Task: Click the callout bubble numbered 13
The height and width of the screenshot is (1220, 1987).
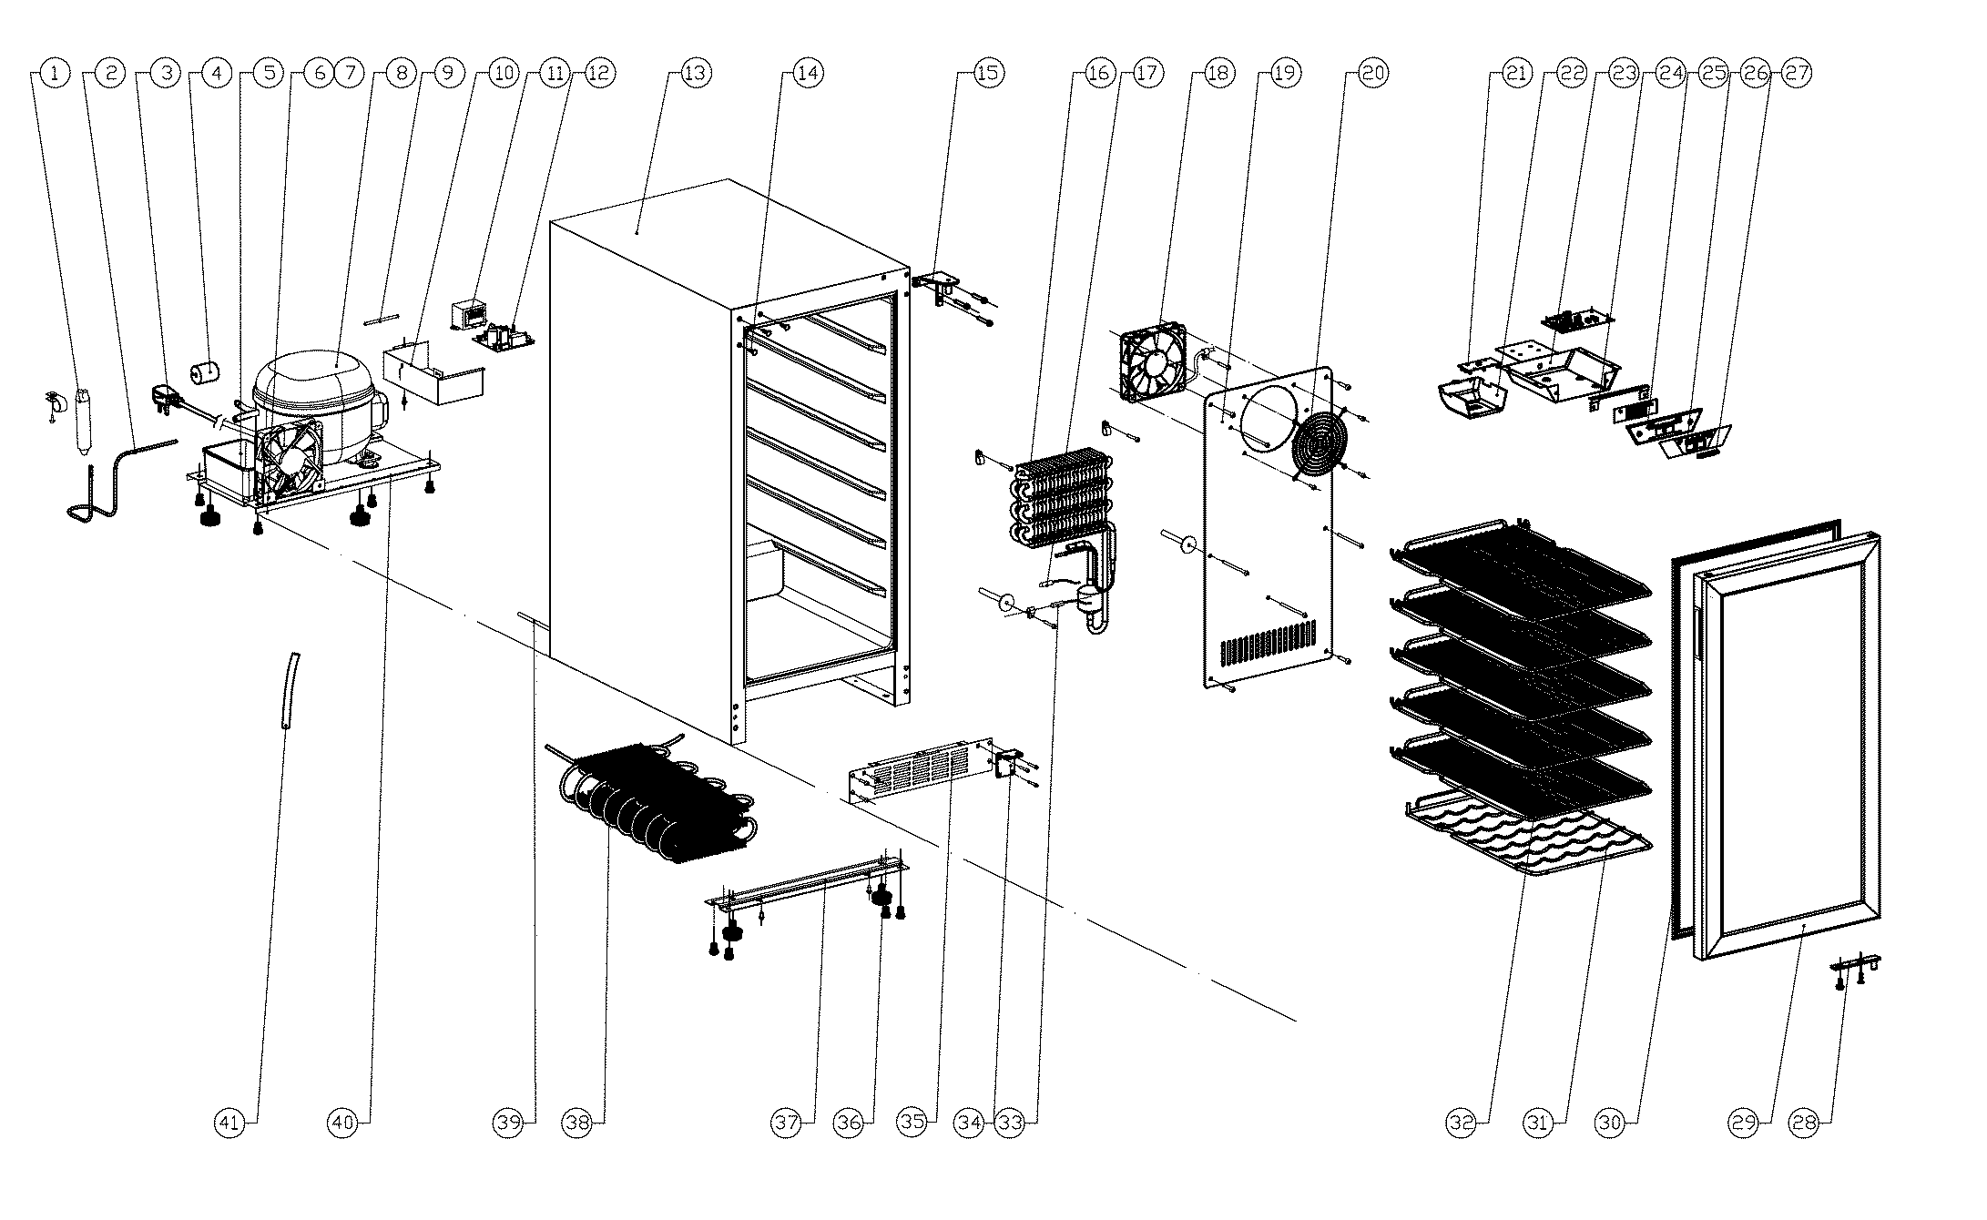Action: tap(695, 74)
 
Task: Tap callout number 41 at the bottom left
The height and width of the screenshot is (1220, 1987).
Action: tap(230, 1123)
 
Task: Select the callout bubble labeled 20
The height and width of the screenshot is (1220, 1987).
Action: tap(1373, 74)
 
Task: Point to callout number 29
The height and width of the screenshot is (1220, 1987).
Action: tap(1744, 1123)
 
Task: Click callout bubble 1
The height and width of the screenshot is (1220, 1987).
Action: tap(56, 74)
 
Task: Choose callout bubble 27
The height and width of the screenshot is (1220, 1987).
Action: tap(1797, 74)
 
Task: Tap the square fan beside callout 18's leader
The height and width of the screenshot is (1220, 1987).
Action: tap(1154, 361)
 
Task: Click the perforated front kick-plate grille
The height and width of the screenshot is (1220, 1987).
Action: tap(920, 770)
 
